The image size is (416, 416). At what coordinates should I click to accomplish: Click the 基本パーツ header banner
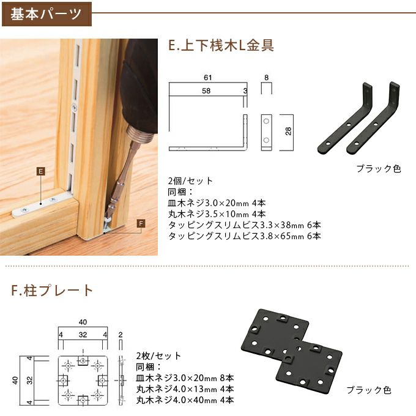coord(46,13)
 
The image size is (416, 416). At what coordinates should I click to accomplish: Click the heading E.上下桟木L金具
coord(220,45)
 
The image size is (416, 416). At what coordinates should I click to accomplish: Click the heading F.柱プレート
coord(52,290)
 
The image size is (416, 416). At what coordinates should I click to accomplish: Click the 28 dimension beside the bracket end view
coord(288,132)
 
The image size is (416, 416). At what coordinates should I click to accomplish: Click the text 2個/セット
coord(190,181)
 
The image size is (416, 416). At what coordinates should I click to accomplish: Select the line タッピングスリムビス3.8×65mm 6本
coord(244,236)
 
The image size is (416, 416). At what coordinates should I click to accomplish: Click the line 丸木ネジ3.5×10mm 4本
coord(216,214)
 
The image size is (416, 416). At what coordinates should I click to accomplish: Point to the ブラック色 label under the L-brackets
coord(378,168)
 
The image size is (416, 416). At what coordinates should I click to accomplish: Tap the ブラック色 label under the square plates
coord(368,390)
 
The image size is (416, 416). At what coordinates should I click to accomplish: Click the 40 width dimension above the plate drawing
coord(83,322)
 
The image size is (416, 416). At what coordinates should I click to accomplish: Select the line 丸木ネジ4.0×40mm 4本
coord(185,400)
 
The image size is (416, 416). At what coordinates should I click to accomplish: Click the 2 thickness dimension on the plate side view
coord(121,335)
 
